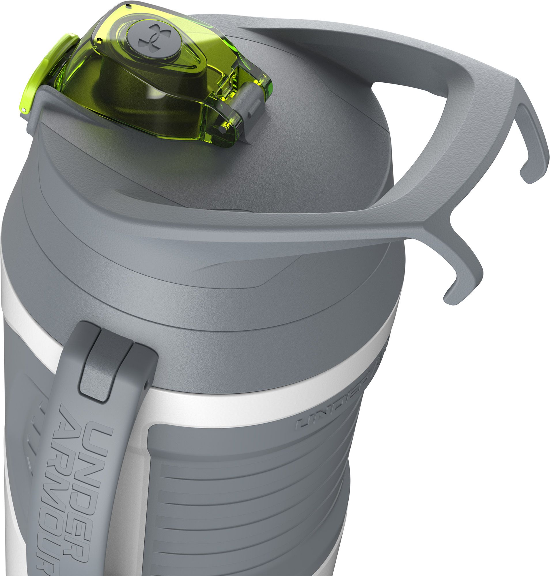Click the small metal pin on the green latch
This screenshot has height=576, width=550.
[x=24, y=109]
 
